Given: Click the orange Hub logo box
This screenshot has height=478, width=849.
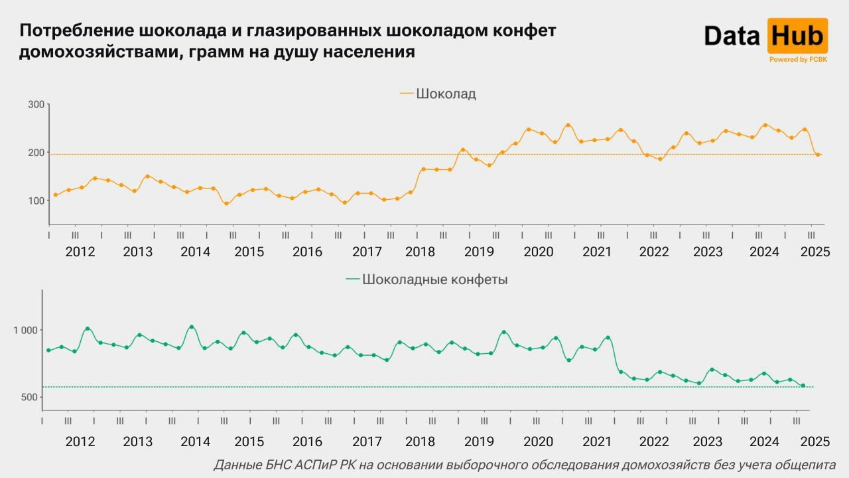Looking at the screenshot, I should (797, 35).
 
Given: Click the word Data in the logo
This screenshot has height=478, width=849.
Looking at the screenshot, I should (732, 36).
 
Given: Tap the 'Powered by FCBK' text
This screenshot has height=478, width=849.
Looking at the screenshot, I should (798, 60).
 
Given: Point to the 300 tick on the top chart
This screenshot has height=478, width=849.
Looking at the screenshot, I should (36, 105).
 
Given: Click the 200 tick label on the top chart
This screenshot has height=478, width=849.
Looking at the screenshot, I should (36, 153).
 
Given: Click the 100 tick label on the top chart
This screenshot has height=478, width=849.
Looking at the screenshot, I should (36, 200).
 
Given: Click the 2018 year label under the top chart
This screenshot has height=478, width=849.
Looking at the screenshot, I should (421, 252).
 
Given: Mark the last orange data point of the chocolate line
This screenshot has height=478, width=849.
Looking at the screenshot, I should (818, 155).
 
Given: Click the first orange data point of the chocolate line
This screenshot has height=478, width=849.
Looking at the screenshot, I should (56, 195).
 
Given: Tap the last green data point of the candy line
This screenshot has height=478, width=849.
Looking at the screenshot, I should (803, 386).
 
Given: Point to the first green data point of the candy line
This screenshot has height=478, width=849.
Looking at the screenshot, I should (48, 351).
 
